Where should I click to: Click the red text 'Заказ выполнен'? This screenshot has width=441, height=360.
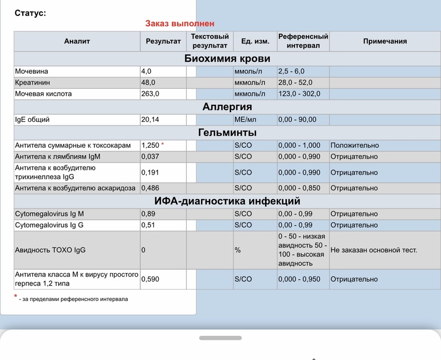tap(180, 23)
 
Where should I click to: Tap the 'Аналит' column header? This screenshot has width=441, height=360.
tap(77, 41)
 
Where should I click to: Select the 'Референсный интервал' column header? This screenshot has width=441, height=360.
tap(303, 41)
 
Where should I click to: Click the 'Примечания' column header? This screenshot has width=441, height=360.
tap(385, 41)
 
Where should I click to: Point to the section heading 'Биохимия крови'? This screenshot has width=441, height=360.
tap(227, 58)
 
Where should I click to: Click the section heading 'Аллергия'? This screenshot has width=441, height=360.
tap(227, 107)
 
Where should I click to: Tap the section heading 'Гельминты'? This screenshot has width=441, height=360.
tap(227, 133)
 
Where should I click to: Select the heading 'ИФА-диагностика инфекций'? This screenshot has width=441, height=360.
tap(227, 201)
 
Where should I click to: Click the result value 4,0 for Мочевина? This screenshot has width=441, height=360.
tap(146, 72)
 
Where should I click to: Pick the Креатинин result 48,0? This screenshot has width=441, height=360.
tap(148, 82)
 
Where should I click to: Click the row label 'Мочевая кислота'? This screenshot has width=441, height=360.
tap(44, 94)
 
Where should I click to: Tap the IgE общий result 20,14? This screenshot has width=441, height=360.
tap(150, 120)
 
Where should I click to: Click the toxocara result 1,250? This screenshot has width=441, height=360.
tap(150, 145)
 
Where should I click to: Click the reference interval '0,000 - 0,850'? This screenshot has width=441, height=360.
tap(299, 188)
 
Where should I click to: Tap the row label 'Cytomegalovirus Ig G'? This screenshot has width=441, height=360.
tap(49, 225)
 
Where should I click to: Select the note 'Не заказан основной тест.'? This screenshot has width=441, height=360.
tap(373, 250)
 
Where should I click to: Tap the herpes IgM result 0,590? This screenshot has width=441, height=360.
tap(150, 279)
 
